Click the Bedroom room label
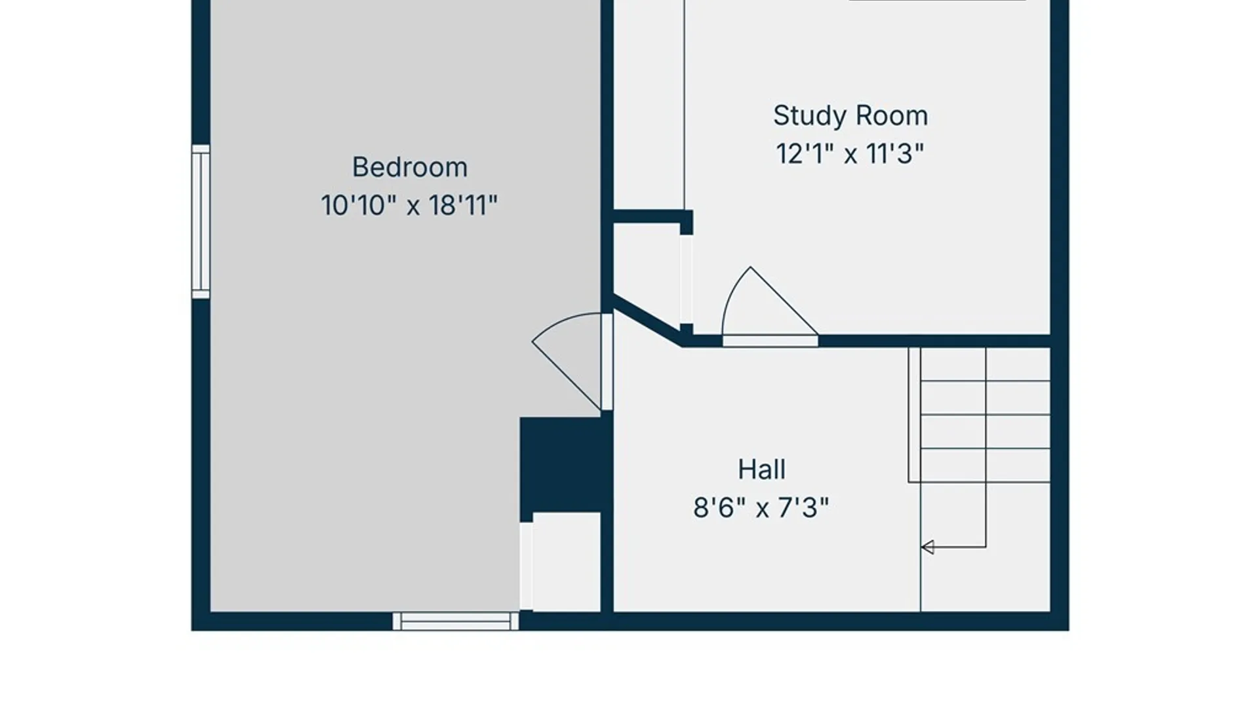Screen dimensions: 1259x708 coord(410,167)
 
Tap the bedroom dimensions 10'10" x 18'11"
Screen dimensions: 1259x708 coord(409,205)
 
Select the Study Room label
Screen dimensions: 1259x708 coord(850,116)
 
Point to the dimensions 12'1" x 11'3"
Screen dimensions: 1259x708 coord(850,154)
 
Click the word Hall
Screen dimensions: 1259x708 coord(761,469)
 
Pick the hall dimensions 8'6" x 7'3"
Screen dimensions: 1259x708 coord(761,507)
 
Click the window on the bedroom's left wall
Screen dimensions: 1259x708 coord(201,222)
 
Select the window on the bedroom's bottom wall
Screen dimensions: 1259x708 coord(456,621)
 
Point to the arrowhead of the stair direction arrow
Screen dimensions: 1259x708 coord(927,547)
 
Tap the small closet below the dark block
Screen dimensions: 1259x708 coord(567,562)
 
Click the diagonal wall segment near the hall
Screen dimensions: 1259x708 coord(648,321)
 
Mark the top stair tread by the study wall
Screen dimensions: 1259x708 coord(986,364)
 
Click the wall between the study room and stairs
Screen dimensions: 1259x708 coord(934,341)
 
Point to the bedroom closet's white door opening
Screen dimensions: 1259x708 coord(526,566)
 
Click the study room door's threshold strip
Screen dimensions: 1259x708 coord(770,341)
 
